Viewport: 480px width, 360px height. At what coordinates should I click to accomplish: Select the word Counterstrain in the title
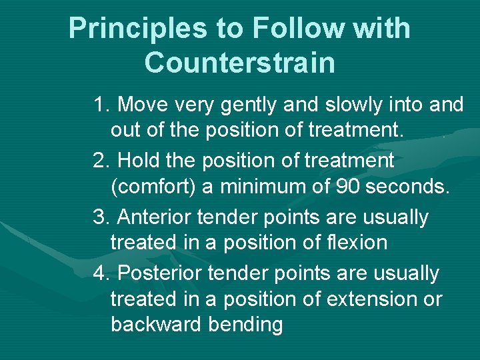(x=239, y=63)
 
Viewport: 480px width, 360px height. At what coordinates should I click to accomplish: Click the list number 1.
(x=101, y=105)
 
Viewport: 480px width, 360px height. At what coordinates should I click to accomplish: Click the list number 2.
(x=101, y=161)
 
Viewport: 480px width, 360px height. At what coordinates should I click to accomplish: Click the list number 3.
(x=101, y=217)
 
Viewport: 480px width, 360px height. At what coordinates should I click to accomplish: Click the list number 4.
(x=101, y=273)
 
